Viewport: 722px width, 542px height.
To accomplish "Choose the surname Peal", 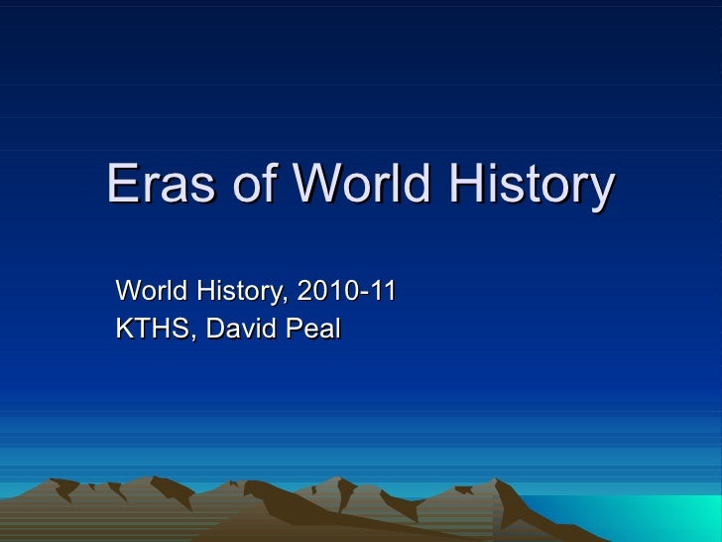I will pos(312,328).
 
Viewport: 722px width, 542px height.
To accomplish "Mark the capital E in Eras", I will pos(121,186).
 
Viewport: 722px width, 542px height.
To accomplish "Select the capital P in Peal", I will pos(294,328).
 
